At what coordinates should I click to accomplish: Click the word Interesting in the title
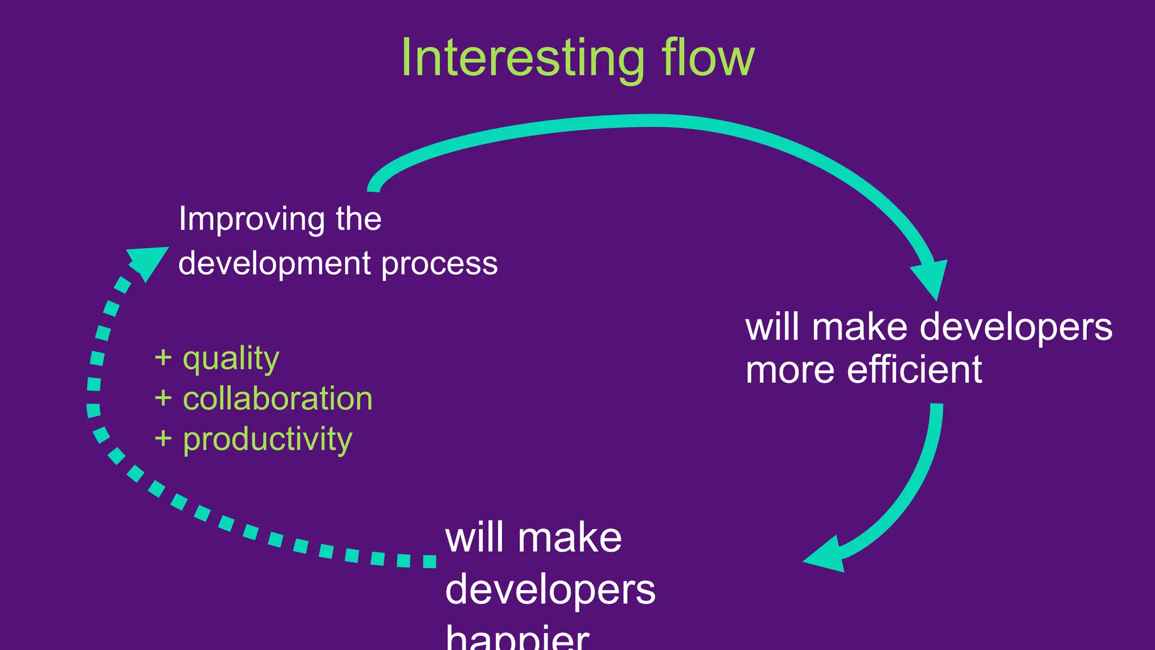[x=522, y=59]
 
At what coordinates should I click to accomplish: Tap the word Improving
[x=252, y=219]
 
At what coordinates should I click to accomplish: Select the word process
[x=440, y=263]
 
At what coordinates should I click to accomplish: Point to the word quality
[x=231, y=359]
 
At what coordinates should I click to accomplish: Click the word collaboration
[x=277, y=399]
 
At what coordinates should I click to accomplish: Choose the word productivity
[x=267, y=440]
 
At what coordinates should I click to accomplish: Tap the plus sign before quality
[x=163, y=358]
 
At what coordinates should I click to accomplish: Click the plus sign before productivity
[x=163, y=438]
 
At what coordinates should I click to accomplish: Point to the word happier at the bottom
[x=517, y=638]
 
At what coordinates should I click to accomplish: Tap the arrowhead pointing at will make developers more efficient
[x=931, y=279]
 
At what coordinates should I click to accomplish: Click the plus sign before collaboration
[x=163, y=398]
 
